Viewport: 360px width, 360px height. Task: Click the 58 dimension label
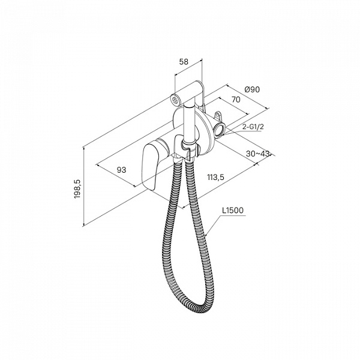click(x=184, y=62)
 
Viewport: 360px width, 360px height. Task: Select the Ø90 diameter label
click(x=252, y=89)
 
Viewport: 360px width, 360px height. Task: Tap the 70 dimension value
click(x=236, y=100)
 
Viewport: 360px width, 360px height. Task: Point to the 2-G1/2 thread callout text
click(x=253, y=127)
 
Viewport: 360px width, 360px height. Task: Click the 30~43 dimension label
click(x=257, y=154)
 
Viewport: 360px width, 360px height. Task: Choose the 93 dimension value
click(x=121, y=170)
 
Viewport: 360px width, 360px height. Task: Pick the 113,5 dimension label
click(x=215, y=177)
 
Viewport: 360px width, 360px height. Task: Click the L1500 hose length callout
click(x=233, y=211)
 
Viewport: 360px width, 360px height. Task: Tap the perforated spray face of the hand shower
click(x=176, y=100)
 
